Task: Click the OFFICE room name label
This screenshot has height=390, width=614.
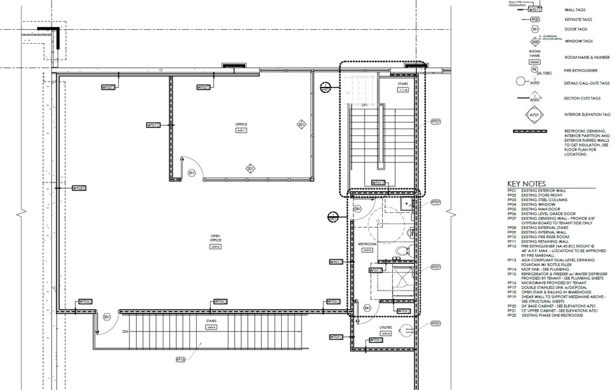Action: pos(241,124)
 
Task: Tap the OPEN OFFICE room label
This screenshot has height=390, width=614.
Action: pos(215,237)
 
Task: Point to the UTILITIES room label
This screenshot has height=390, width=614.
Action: pos(386,328)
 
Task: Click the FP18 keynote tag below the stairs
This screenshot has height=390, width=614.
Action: pos(180,359)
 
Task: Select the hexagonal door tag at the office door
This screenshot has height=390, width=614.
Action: pos(192,173)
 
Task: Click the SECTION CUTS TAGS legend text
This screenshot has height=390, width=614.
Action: pos(579,98)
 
